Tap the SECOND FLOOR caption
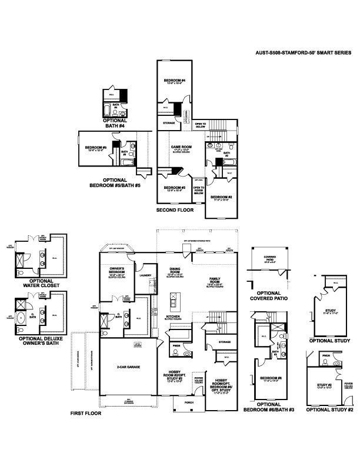coord(175,209)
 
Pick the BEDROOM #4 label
coord(175,80)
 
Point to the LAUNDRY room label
coord(146,275)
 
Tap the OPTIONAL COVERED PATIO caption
coord(269,295)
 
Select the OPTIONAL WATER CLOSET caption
coord(36,284)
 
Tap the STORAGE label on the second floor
coord(169,123)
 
